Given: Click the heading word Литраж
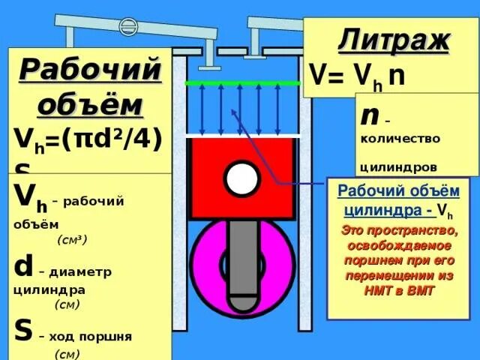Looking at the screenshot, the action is pyautogui.click(x=394, y=38).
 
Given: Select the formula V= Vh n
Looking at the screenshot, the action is pyautogui.click(x=358, y=77).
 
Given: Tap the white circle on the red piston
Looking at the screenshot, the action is pyautogui.click(x=241, y=178).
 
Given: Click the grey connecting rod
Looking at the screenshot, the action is pyautogui.click(x=243, y=255).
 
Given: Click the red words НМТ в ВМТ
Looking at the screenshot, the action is pyautogui.click(x=400, y=288).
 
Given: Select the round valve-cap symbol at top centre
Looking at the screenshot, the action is pyautogui.click(x=129, y=28).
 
